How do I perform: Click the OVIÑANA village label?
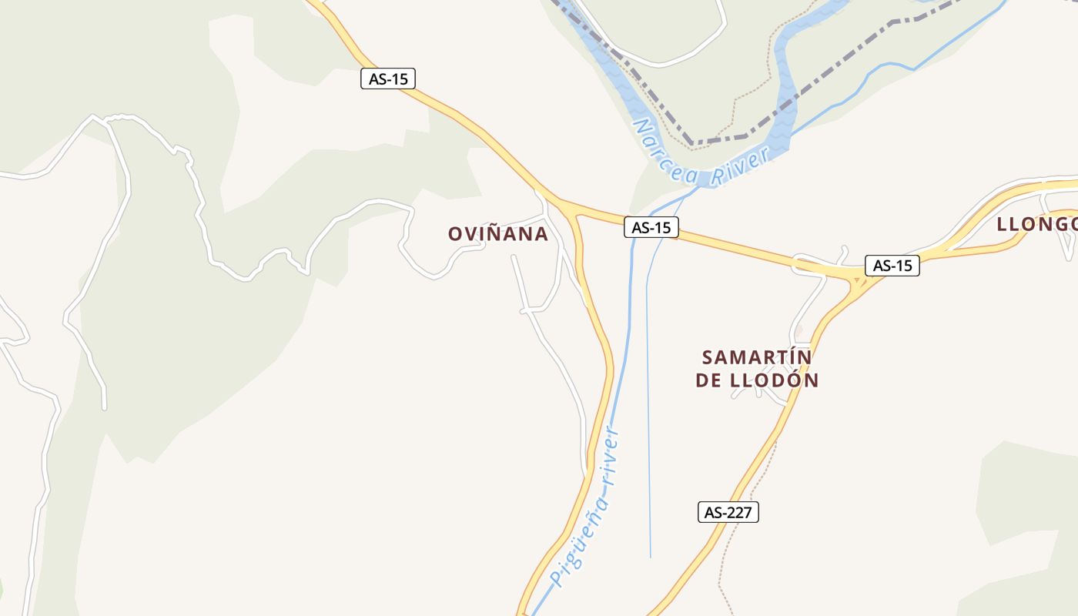point(498,234)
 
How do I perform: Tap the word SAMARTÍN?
point(757,357)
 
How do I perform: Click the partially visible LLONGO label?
point(1036,224)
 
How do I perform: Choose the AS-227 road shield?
point(728,512)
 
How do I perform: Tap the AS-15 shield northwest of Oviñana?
point(388,79)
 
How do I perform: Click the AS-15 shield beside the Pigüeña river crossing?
point(651,227)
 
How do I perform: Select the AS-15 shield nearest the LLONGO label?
point(892,266)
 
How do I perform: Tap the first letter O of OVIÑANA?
point(455,234)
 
